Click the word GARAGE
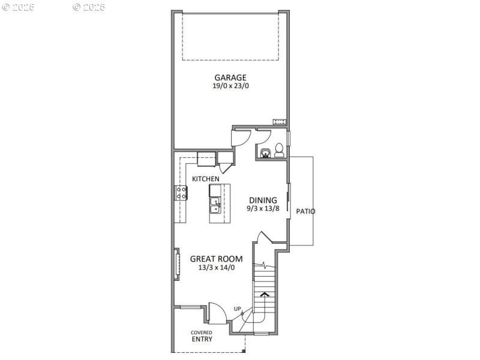tap(230, 77)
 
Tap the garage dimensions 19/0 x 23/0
tap(230, 86)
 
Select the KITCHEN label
tap(205, 179)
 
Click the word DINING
tap(263, 200)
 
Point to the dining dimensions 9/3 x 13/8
tap(263, 209)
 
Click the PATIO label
tap(305, 211)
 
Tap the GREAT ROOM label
tap(216, 259)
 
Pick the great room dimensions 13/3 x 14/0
tap(216, 268)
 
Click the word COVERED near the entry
tap(201, 332)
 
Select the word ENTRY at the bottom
tap(202, 339)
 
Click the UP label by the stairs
tap(238, 309)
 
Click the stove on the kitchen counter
tap(181, 193)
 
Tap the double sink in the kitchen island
tap(215, 207)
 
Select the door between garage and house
tap(240, 137)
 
